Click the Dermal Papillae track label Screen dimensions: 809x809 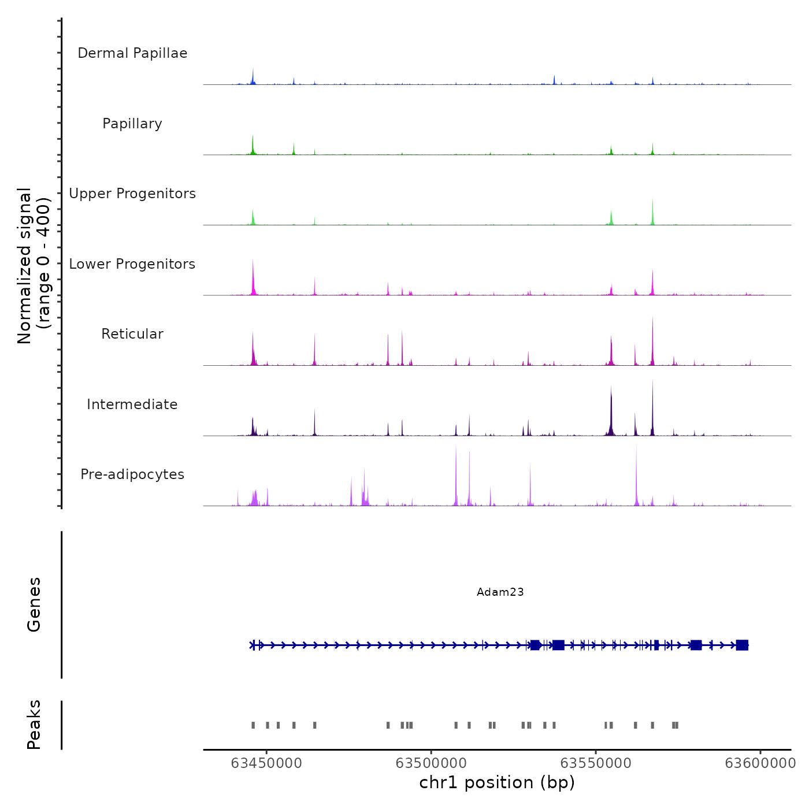coord(132,53)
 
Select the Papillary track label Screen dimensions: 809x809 coord(132,124)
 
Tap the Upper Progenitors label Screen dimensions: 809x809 coord(132,194)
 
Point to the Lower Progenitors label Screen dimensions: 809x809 coord(132,264)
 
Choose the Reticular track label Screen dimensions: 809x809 coord(132,334)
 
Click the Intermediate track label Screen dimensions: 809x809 coord(132,404)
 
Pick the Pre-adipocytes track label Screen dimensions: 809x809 coord(132,474)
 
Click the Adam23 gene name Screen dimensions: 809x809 coord(500,592)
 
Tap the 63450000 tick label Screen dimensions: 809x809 coord(266,763)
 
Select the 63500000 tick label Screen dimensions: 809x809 coord(431,763)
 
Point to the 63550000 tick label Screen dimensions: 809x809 coord(596,763)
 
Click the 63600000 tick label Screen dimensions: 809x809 coord(760,763)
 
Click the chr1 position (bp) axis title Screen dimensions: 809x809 coord(497,782)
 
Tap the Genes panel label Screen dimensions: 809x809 coord(34,604)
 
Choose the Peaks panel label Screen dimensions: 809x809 coord(34,725)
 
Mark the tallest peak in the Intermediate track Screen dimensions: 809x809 coord(652,382)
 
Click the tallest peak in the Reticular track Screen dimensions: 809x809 coord(652,318)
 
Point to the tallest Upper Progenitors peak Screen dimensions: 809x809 coord(652,201)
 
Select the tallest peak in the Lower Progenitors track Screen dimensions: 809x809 coord(253,262)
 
